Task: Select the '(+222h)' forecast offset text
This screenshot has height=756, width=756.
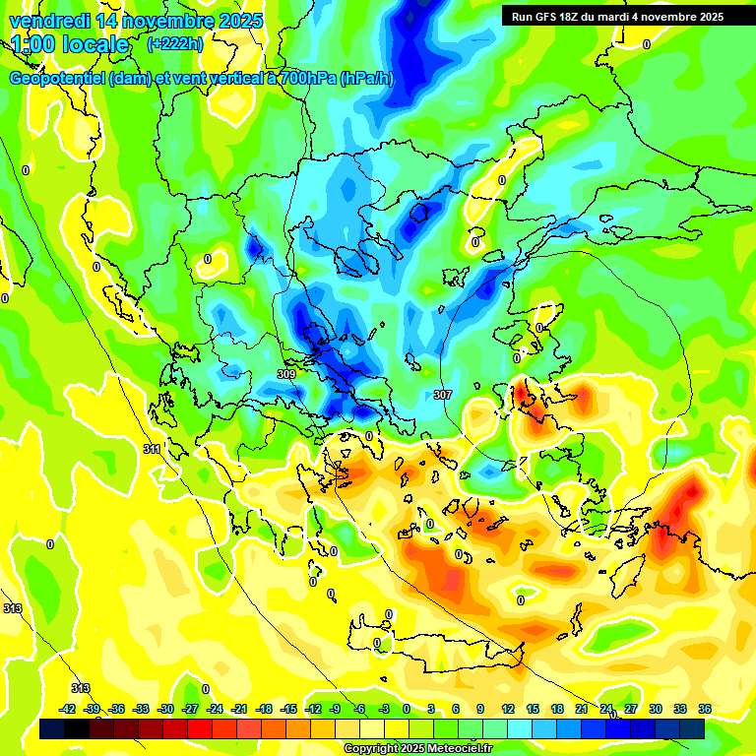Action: [x=174, y=44]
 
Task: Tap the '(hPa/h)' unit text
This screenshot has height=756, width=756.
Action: [x=366, y=79]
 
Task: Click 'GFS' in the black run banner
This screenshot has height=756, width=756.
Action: [x=549, y=17]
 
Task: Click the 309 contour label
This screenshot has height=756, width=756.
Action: [x=286, y=374]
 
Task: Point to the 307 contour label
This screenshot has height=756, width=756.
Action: [x=443, y=394]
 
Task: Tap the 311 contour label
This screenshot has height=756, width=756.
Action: [x=152, y=449]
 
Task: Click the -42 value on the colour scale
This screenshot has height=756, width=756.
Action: [x=68, y=709]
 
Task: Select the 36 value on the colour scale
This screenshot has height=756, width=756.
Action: [x=704, y=709]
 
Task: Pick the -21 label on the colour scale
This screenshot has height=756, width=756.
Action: [x=239, y=709]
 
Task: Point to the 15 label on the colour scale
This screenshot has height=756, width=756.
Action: [x=532, y=709]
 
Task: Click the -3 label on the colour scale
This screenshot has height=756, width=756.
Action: [x=385, y=709]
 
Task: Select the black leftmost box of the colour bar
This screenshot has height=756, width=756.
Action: [x=52, y=729]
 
